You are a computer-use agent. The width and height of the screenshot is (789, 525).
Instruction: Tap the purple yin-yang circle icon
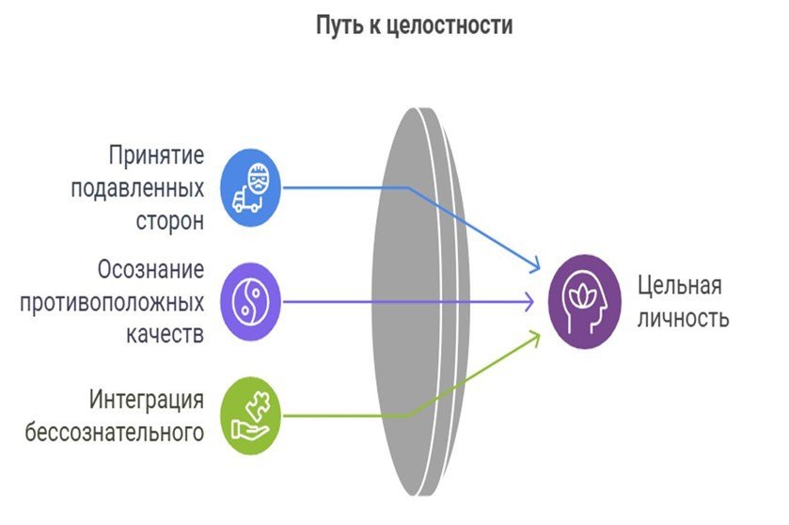250,301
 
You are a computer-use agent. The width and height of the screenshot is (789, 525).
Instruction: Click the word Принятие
155,154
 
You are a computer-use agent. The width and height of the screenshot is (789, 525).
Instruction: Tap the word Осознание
150,271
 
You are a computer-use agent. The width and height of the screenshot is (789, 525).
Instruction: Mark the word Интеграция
147,400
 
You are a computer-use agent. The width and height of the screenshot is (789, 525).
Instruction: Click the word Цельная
679,285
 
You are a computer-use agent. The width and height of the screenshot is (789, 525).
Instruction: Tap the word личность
683,317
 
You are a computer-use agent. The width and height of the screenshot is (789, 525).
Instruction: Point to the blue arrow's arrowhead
537,268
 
